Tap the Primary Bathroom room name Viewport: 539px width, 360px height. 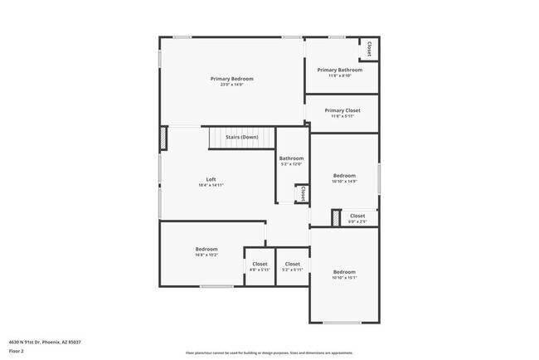pos(340,70)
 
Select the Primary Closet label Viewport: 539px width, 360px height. pos(342,110)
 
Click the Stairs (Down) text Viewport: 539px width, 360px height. pos(242,137)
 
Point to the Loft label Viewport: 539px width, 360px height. pos(211,179)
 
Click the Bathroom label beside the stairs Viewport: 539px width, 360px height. pos(291,158)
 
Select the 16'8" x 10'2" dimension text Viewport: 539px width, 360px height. pos(206,255)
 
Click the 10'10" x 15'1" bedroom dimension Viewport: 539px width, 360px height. pos(344,278)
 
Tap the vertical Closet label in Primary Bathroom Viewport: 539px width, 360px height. pos(369,49)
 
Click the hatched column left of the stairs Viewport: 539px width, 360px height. pos(164,138)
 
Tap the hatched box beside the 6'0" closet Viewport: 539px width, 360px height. pos(335,219)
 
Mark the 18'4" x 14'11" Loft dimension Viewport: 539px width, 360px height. pos(211,185)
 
